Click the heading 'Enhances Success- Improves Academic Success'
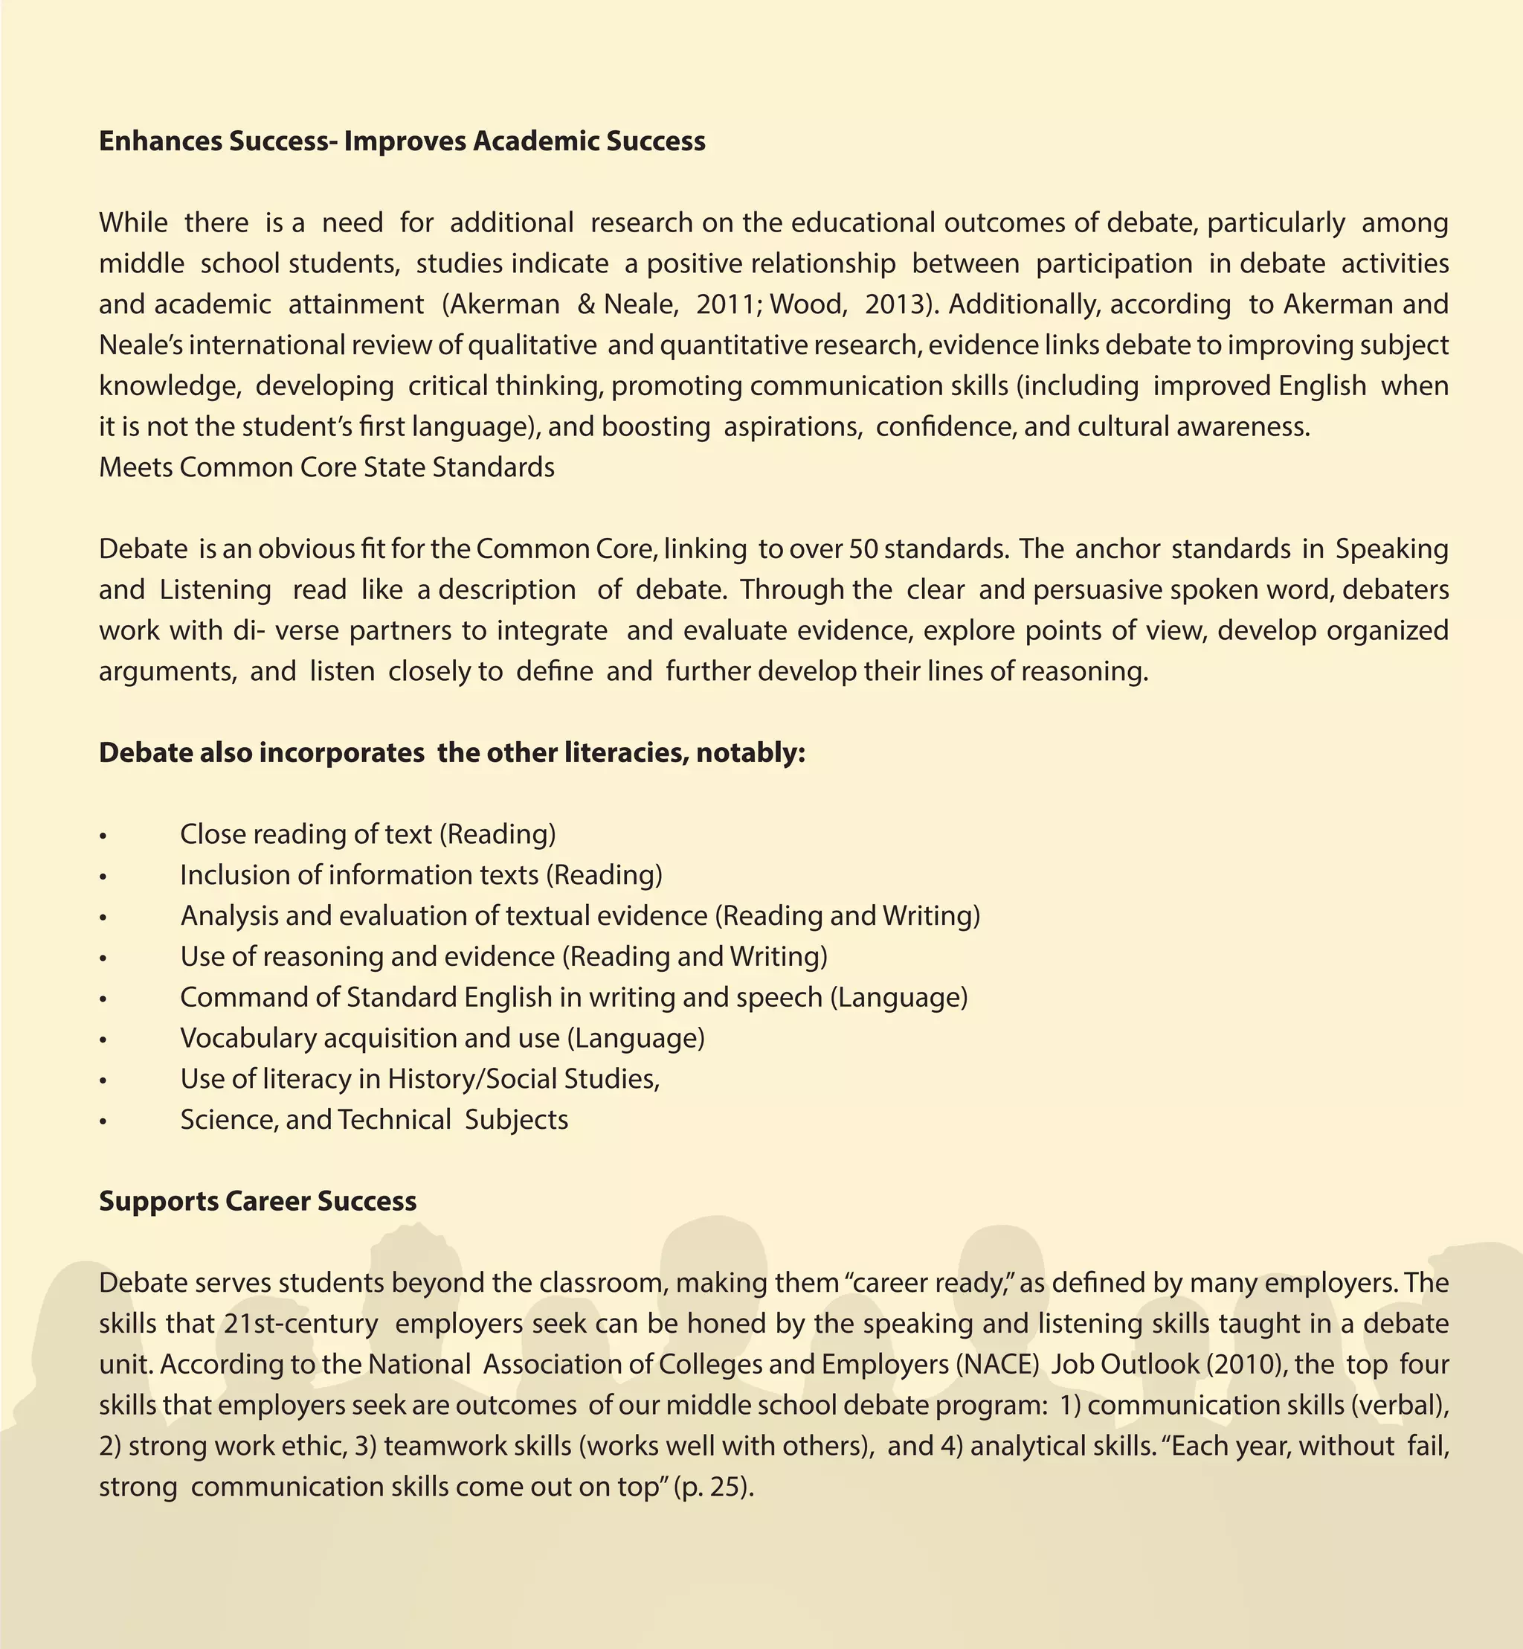click(x=402, y=141)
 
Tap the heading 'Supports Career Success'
click(x=257, y=1201)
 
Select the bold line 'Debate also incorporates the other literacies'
click(x=451, y=753)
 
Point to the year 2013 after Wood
click(x=893, y=304)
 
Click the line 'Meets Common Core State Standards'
click(x=326, y=467)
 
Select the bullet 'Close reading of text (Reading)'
click(x=367, y=834)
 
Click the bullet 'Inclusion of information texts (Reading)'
click(x=421, y=875)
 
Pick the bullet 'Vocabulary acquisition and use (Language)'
click(x=442, y=1038)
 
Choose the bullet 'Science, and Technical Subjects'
click(x=374, y=1120)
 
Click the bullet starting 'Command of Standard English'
click(x=573, y=998)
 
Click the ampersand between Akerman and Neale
click(x=586, y=304)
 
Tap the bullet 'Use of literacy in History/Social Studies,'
click(x=420, y=1079)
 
